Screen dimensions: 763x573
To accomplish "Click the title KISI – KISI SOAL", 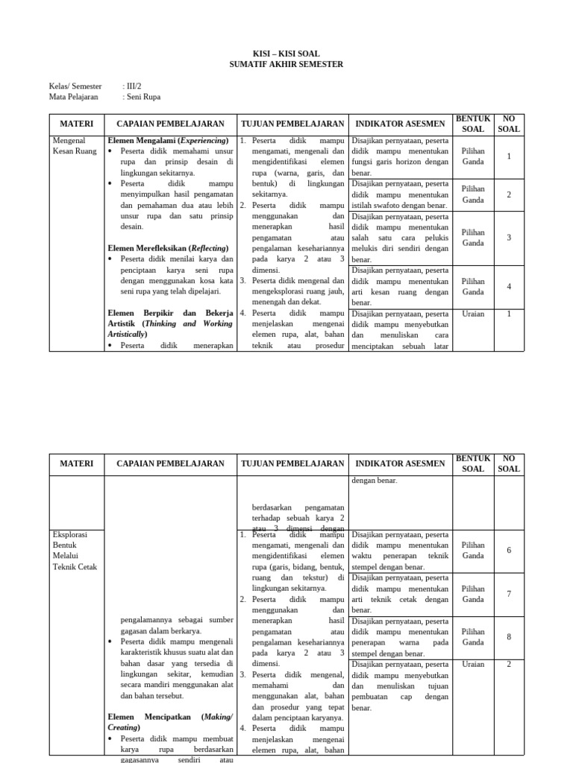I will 286,54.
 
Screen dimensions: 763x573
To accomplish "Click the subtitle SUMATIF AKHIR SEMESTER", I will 286,65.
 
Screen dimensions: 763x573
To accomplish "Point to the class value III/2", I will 133,86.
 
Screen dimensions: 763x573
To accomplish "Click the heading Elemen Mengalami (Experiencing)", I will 168,140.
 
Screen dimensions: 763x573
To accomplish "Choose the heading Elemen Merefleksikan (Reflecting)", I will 168,248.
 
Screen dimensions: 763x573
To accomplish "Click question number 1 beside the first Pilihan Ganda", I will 509,156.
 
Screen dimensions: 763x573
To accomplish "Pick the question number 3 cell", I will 509,238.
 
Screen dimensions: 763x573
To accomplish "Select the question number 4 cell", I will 509,287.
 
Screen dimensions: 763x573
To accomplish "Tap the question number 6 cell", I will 509,551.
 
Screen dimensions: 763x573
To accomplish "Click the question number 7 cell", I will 509,594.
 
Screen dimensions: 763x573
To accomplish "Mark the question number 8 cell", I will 509,637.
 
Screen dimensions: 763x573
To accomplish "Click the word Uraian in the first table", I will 473,314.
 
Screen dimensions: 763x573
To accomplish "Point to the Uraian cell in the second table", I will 473,664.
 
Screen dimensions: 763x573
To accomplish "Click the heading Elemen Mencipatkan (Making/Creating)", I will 171,721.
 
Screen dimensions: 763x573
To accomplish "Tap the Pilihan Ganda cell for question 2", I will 473,194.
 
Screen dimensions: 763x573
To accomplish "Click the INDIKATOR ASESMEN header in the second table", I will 400,463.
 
